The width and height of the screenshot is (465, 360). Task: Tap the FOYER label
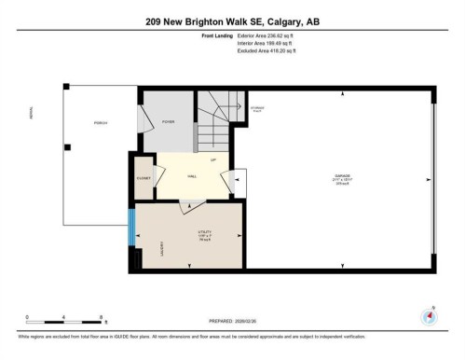[169, 122]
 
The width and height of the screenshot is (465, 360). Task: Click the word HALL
[192, 175]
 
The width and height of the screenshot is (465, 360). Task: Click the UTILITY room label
[204, 233]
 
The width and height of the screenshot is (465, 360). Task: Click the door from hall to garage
[237, 180]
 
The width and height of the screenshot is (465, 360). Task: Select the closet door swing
[159, 176]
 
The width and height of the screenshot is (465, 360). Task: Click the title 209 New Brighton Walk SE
[231, 21]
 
